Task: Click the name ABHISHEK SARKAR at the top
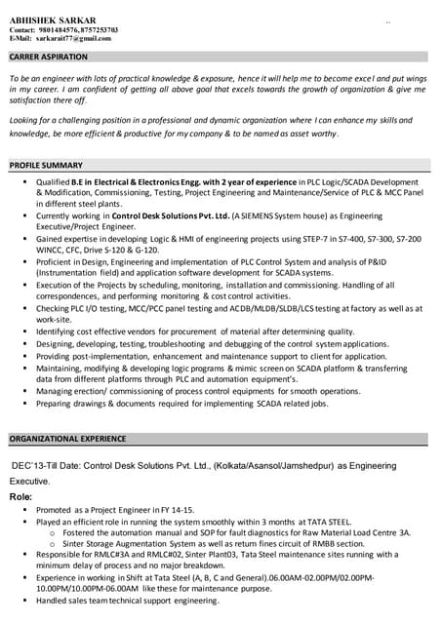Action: pos(53,20)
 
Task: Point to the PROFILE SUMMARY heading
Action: pos(46,166)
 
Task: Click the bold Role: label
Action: pos(21,497)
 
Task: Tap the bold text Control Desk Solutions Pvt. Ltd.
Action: pos(172,214)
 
